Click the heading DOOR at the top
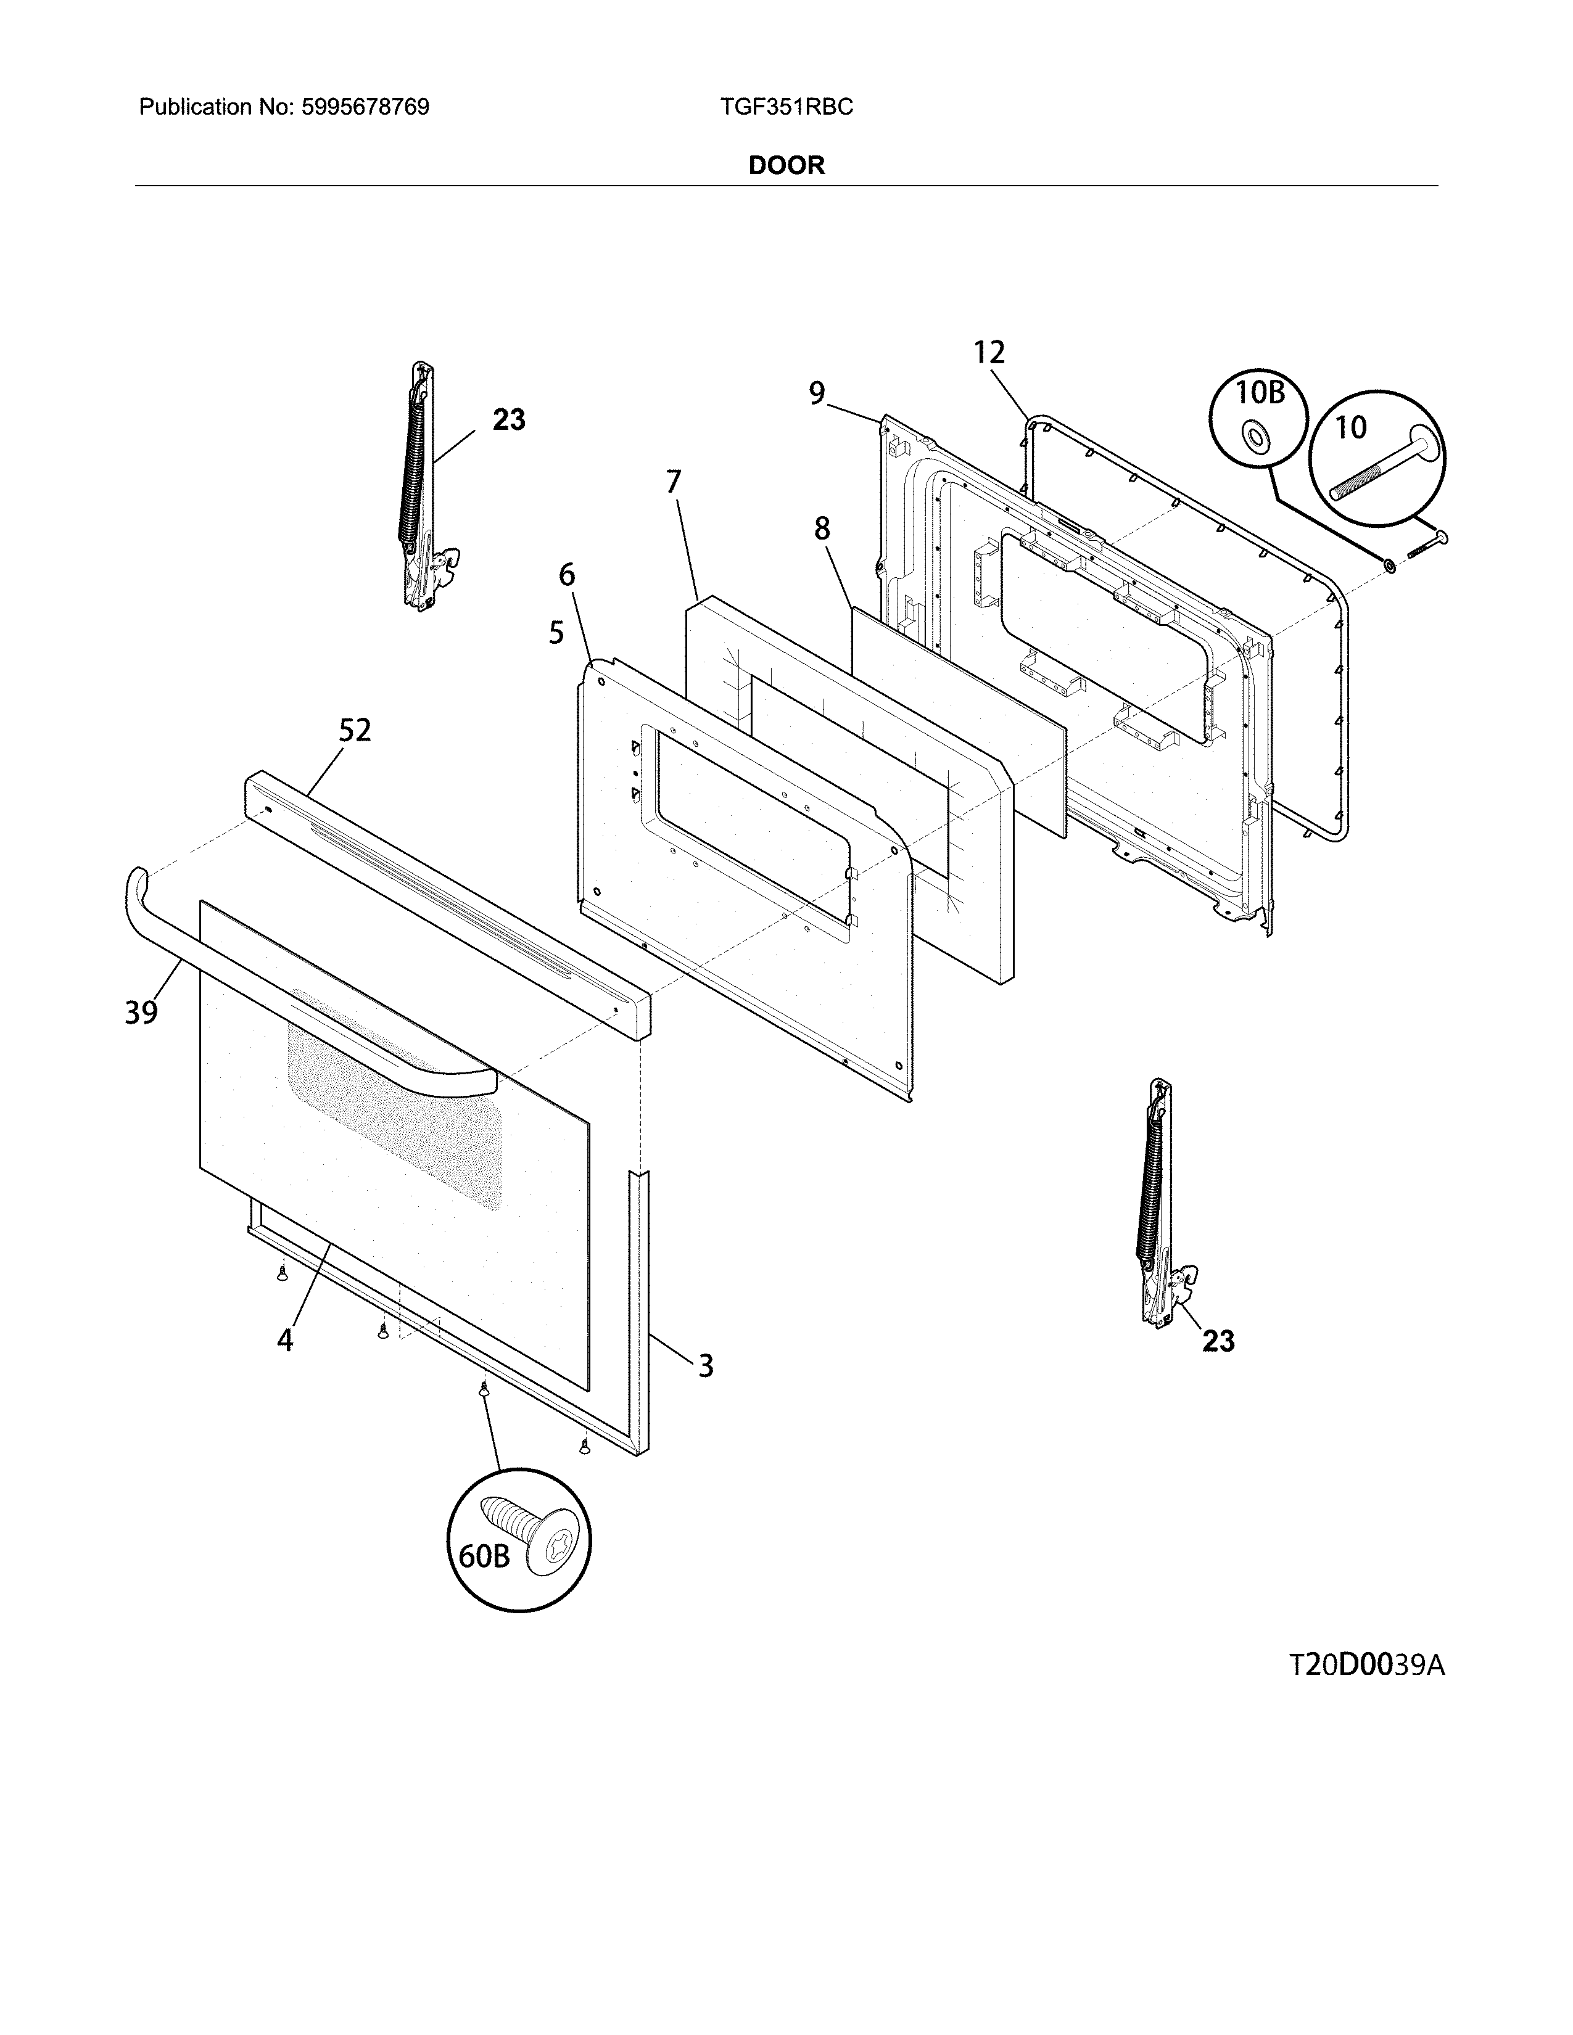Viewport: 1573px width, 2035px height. coord(786,166)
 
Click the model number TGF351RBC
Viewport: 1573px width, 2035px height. coord(785,107)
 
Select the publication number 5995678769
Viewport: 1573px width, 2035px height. coord(365,107)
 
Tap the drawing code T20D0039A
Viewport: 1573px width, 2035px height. coord(1367,1665)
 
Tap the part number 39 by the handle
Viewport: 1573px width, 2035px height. coord(142,1012)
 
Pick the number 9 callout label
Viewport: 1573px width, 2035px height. coord(816,394)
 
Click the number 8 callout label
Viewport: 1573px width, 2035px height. coord(821,529)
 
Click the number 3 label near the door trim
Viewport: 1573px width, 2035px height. coord(706,1366)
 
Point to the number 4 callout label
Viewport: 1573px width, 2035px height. coord(285,1340)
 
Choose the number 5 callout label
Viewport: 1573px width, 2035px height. coord(556,633)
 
